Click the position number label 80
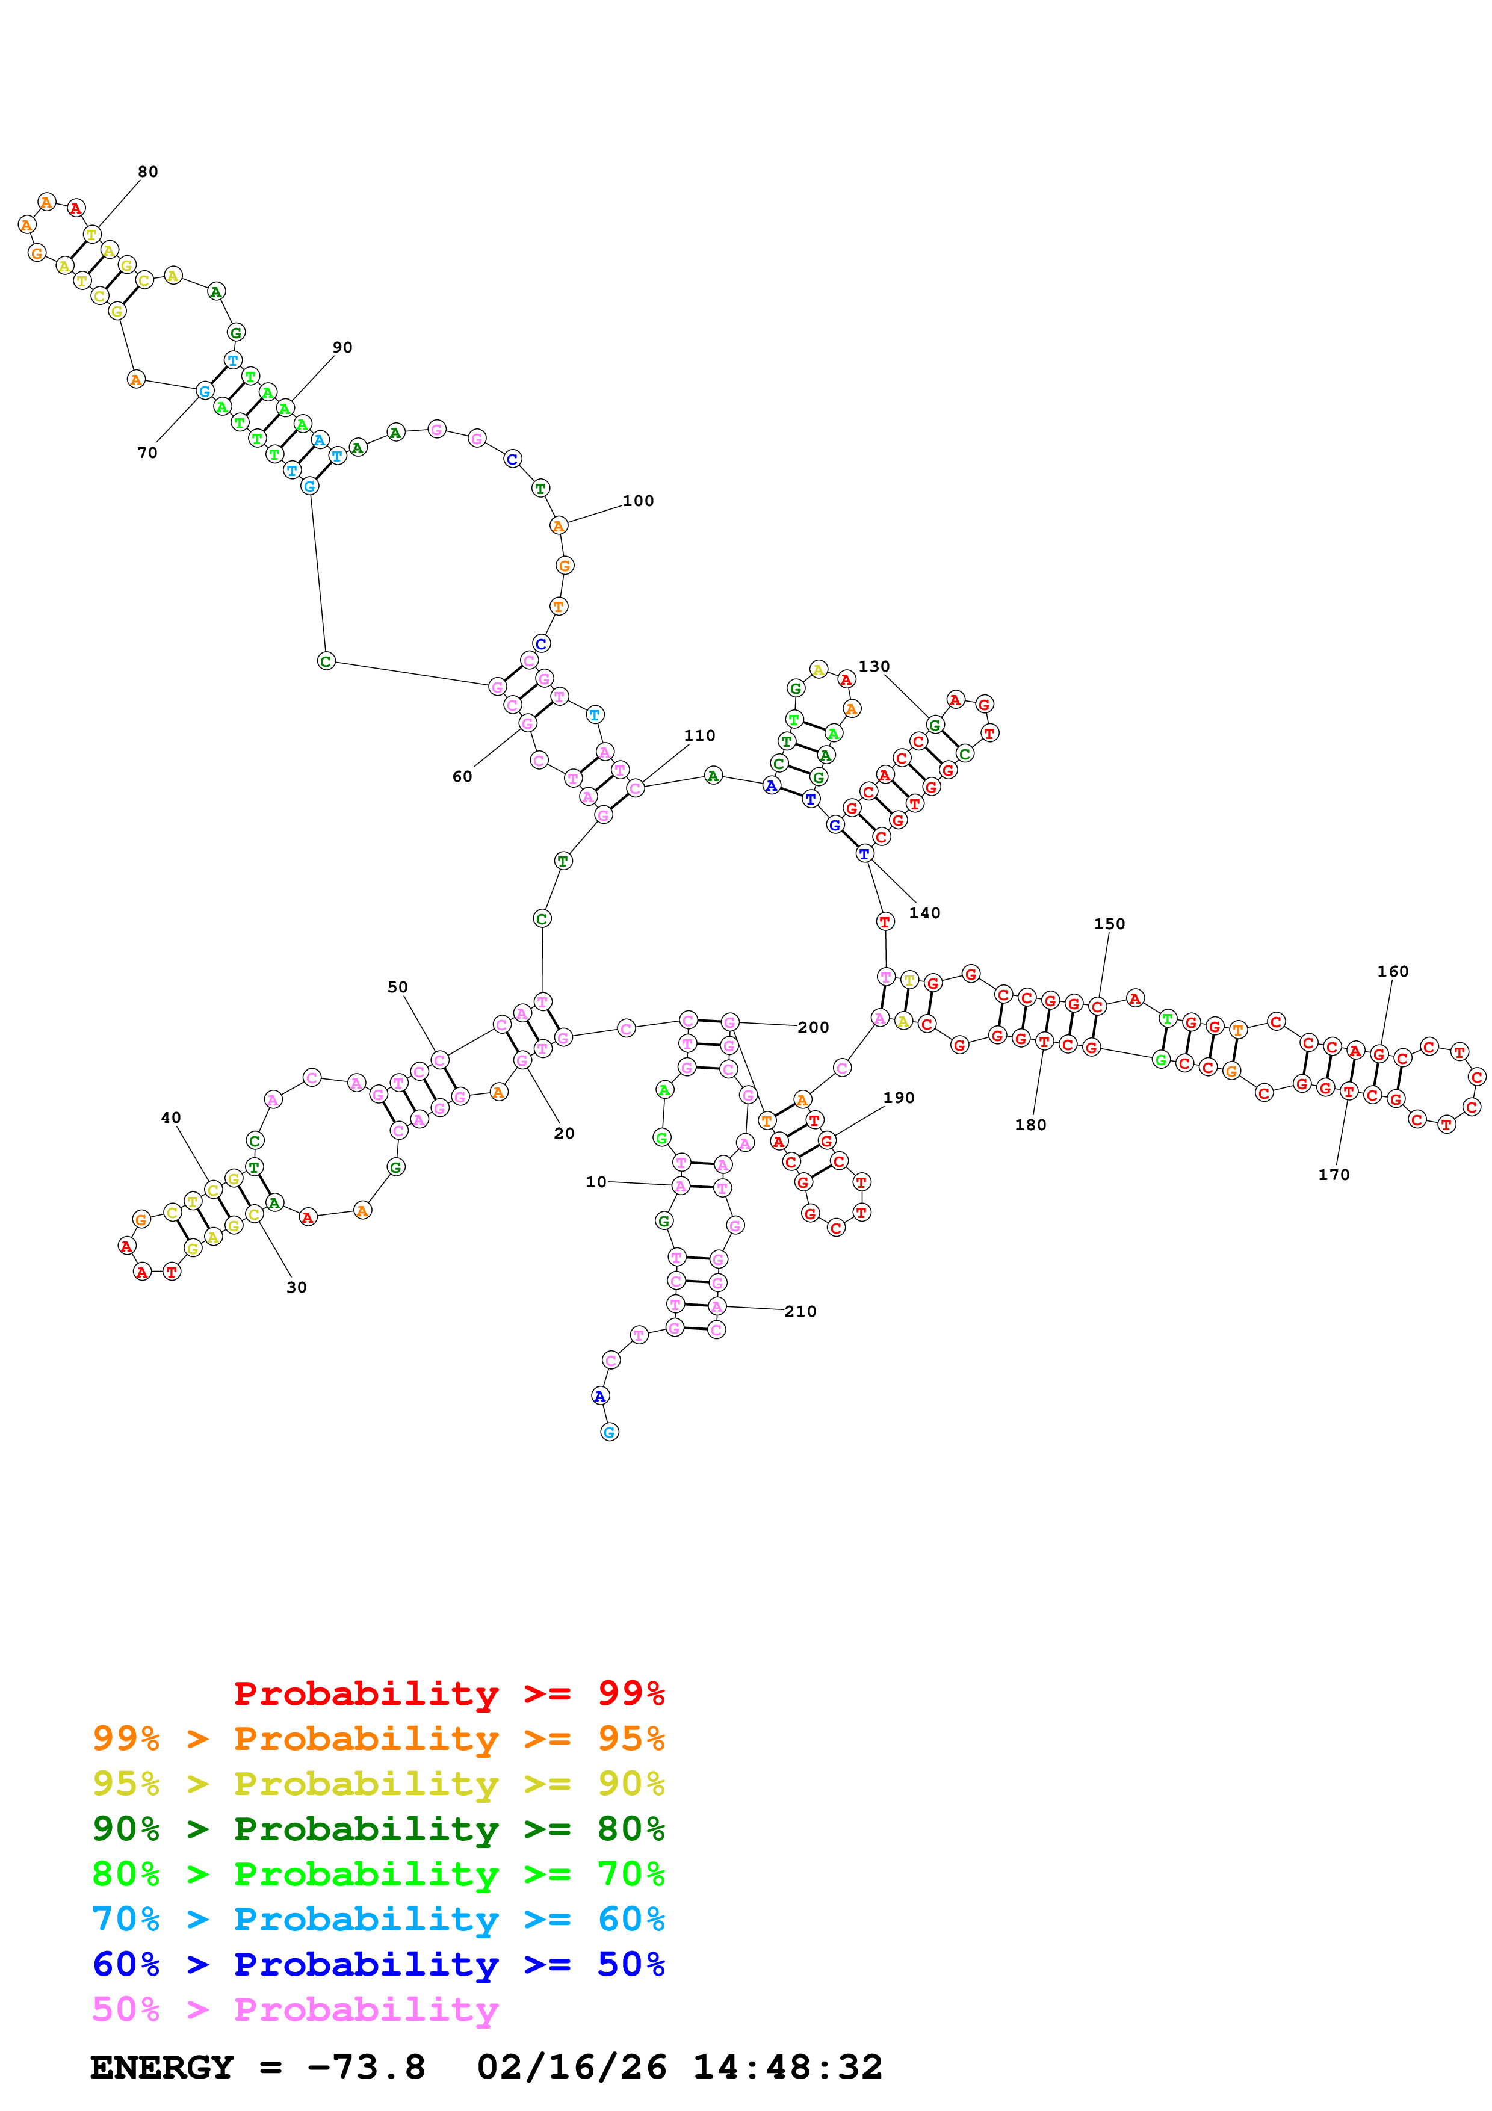pyautogui.click(x=148, y=172)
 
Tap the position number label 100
pyautogui.click(x=638, y=501)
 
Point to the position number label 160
pyautogui.click(x=1392, y=972)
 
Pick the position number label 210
pyautogui.click(x=800, y=1311)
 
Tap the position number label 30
pyautogui.click(x=296, y=1287)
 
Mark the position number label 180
pyautogui.click(x=1030, y=1125)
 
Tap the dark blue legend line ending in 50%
pyautogui.click(x=378, y=1964)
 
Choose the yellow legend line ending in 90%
pyautogui.click(x=378, y=1784)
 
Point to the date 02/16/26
pyautogui.click(x=571, y=2067)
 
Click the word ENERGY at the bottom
pyautogui.click(x=162, y=2067)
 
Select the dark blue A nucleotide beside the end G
pyautogui.click(x=599, y=1395)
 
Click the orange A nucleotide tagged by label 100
pyautogui.click(x=558, y=526)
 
